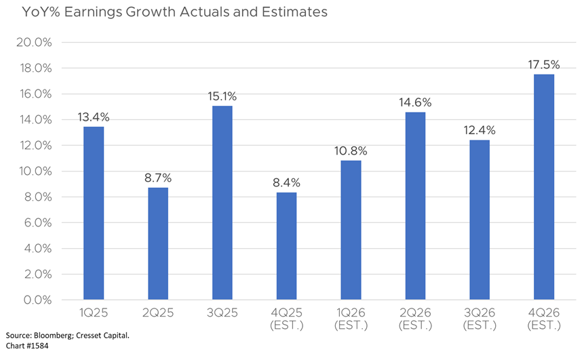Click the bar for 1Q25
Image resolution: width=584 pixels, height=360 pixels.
pyautogui.click(x=94, y=213)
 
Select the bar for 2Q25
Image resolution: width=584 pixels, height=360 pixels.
pyautogui.click(x=158, y=243)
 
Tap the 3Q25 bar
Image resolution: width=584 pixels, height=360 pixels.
pyautogui.click(x=222, y=202)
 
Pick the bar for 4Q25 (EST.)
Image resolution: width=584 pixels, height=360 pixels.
pyautogui.click(x=286, y=245)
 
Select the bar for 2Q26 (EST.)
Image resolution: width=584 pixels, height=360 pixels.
pyautogui.click(x=415, y=205)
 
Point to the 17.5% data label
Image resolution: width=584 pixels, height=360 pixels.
pyautogui.click(x=543, y=65)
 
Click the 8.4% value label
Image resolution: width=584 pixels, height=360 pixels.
pyautogui.click(x=286, y=182)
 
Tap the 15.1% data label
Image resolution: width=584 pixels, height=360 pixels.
pyautogui.click(x=222, y=96)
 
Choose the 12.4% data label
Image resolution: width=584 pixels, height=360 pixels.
pyautogui.click(x=480, y=130)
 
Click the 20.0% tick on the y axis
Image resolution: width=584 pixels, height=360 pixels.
pyautogui.click(x=33, y=42)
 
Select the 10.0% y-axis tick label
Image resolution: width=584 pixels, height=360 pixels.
pyautogui.click(x=34, y=171)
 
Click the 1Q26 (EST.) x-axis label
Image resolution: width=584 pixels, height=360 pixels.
pyautogui.click(x=351, y=319)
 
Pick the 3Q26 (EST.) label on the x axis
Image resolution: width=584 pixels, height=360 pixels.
pyautogui.click(x=480, y=319)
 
